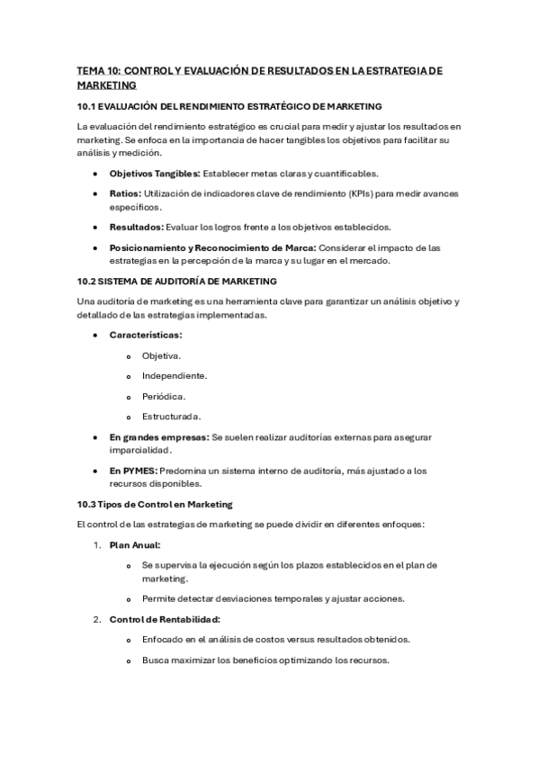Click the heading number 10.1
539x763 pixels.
(x=87, y=106)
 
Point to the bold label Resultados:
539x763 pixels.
(x=136, y=227)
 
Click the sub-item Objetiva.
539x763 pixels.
(x=161, y=355)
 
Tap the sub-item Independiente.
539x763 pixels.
(x=175, y=375)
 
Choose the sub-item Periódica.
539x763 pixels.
(x=164, y=396)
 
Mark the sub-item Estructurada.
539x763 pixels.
(x=171, y=416)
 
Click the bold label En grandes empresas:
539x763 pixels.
(x=158, y=436)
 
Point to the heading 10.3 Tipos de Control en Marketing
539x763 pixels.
(x=155, y=504)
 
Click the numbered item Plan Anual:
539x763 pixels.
(x=134, y=544)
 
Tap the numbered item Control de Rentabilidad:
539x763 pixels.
(x=165, y=619)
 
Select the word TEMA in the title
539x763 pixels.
(x=93, y=70)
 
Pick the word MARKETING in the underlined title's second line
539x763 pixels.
(x=107, y=85)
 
